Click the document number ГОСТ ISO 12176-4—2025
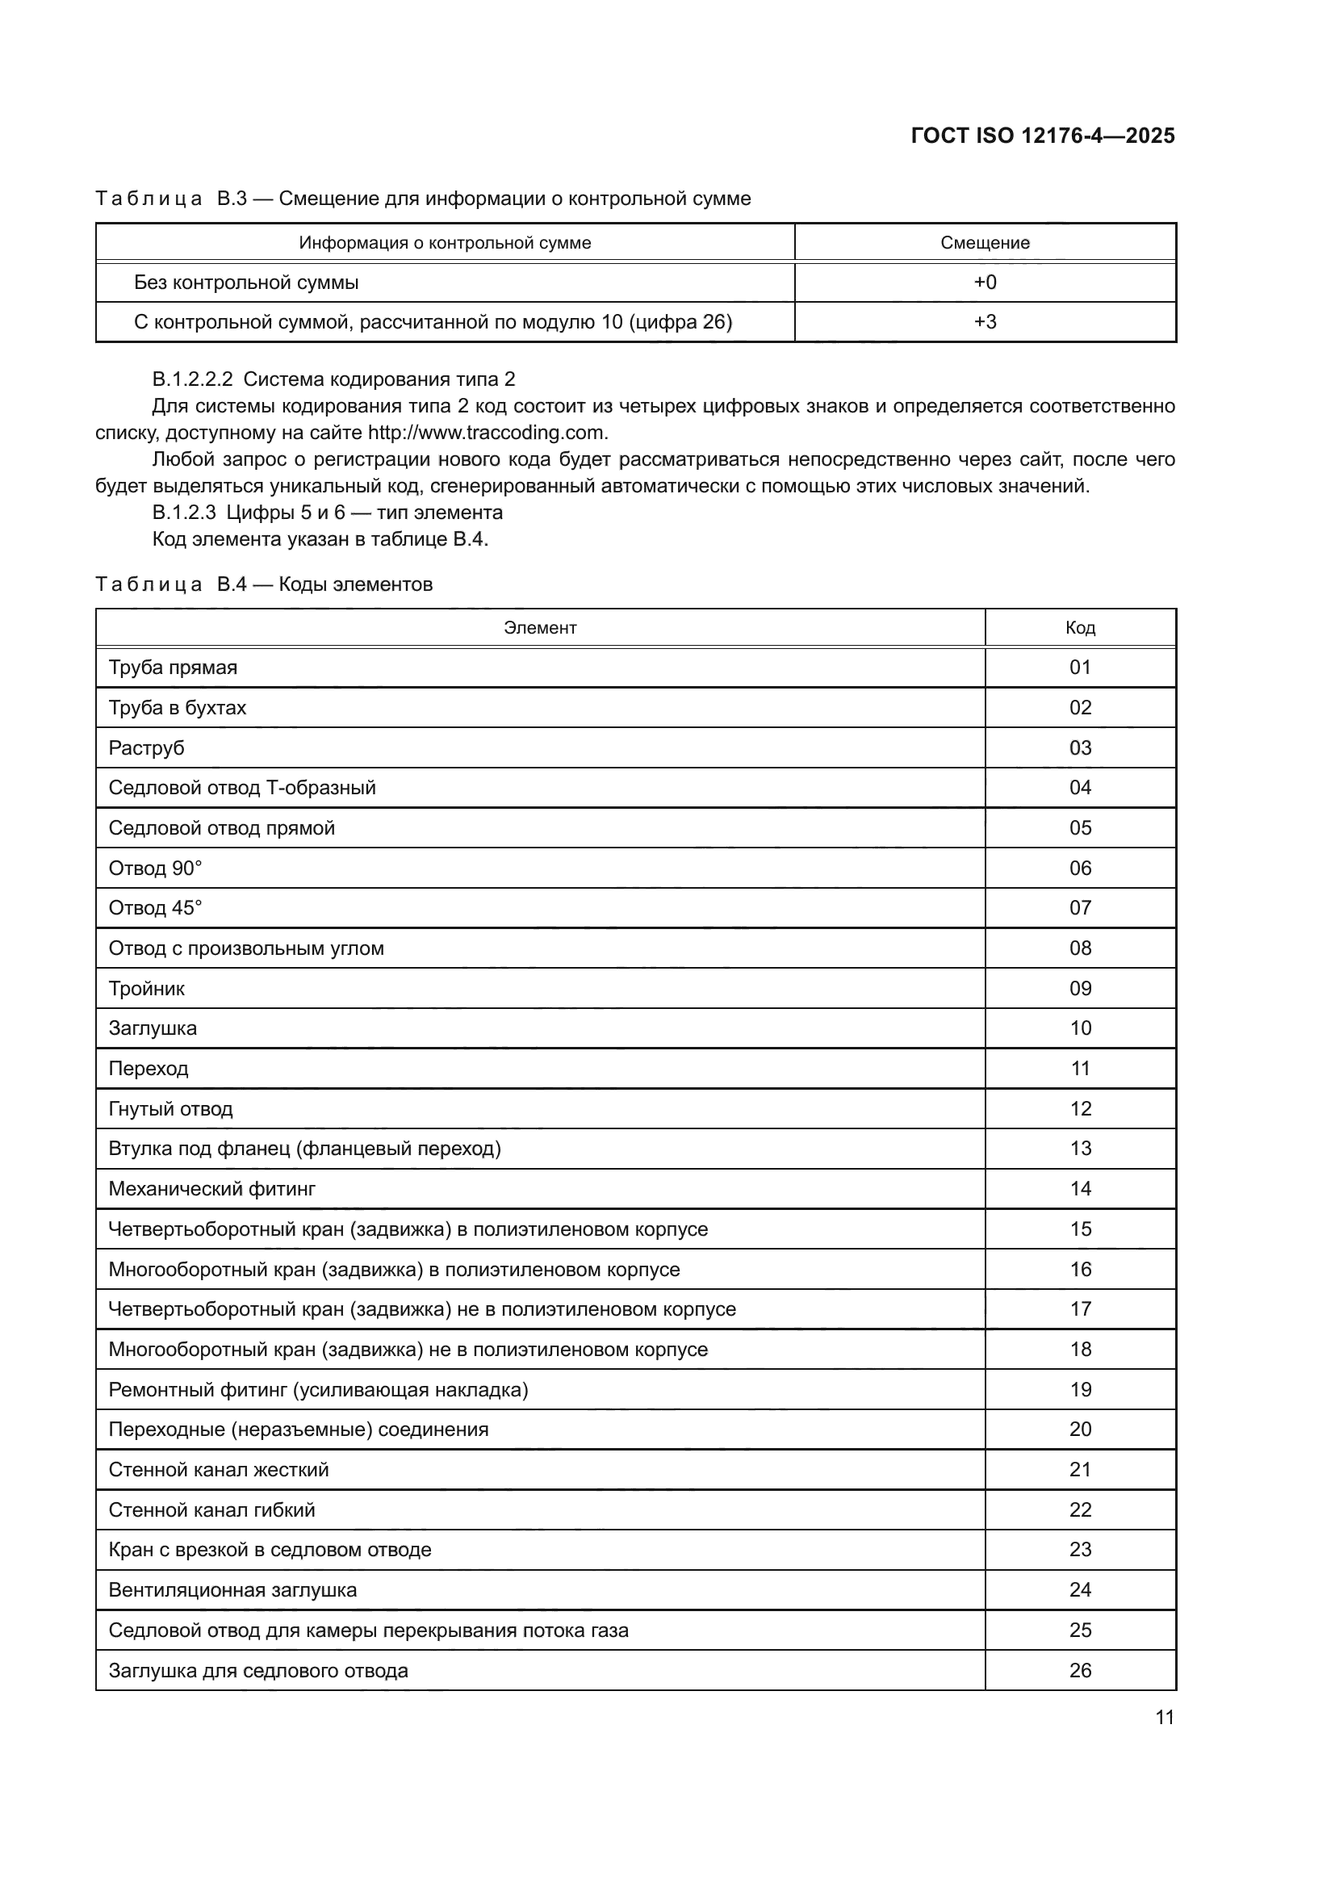pos(1042,136)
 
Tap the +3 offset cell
pos(985,321)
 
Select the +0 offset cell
pos(985,282)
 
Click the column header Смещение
pos(985,243)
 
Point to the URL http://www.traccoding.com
pos(487,433)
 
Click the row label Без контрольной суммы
pos(246,282)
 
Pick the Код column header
pos(1080,627)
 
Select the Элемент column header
pos(540,627)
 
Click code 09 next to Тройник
pos(1080,989)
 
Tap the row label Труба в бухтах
pos(177,708)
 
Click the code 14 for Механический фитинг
pos(1080,1189)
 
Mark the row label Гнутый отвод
pos(170,1108)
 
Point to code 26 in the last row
pos(1080,1670)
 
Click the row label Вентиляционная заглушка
pos(232,1589)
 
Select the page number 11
pos(1164,1717)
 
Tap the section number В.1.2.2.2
pos(192,379)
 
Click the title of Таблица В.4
pos(263,584)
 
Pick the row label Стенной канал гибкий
pos(211,1509)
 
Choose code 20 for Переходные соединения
pos(1080,1430)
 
